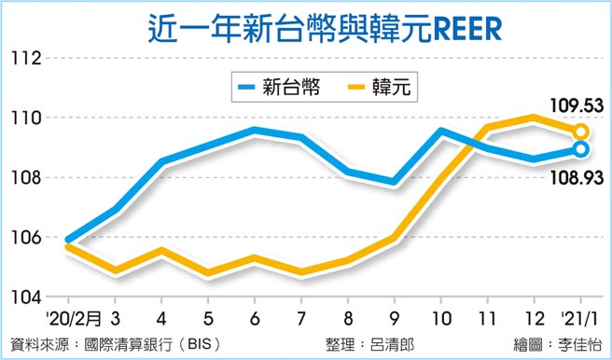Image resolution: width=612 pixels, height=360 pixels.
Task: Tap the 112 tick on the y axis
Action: [x=28, y=59]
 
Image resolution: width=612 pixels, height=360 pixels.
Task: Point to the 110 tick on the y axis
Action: [x=28, y=118]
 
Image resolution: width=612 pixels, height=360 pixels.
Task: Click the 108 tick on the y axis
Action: [x=28, y=178]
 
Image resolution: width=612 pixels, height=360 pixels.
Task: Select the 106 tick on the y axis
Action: [x=28, y=238]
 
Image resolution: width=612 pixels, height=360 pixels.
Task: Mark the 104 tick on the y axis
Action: [x=28, y=298]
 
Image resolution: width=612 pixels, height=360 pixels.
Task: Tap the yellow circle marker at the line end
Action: [x=580, y=132]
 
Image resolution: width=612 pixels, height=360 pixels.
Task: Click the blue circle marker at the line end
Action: [x=580, y=149]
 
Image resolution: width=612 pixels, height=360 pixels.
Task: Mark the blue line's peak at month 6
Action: [x=254, y=131]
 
